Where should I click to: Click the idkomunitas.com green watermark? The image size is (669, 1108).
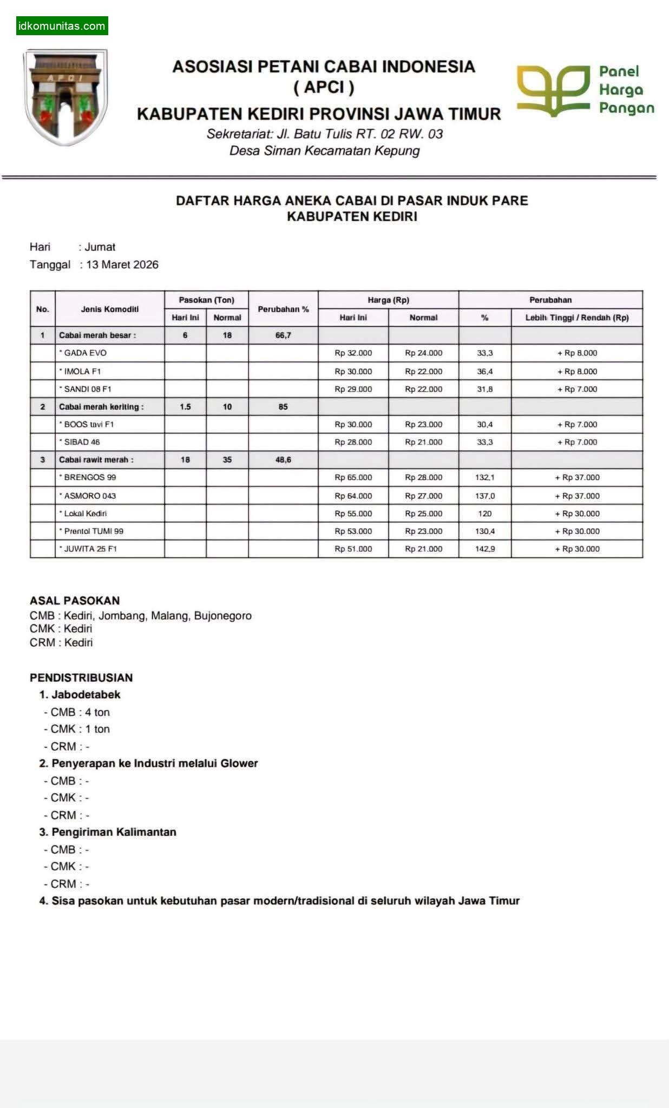point(62,26)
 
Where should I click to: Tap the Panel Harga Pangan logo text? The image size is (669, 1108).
point(626,90)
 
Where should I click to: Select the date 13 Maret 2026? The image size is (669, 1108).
point(122,265)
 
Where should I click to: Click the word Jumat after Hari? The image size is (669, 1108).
point(100,247)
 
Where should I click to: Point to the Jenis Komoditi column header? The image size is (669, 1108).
point(110,309)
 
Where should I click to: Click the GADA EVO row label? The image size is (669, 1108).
point(85,353)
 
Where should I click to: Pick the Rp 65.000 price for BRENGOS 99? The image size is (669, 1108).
point(353,477)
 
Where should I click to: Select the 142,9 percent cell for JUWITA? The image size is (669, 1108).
point(485,549)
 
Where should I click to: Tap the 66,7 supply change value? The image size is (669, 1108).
point(283,335)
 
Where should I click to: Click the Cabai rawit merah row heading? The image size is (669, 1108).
point(96,460)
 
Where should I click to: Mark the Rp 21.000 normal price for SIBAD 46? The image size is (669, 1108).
point(423,442)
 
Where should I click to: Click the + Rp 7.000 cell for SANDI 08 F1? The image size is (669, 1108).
point(577,389)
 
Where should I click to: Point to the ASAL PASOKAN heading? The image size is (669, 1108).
point(75,601)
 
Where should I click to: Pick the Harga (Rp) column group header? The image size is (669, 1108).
point(388,300)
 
